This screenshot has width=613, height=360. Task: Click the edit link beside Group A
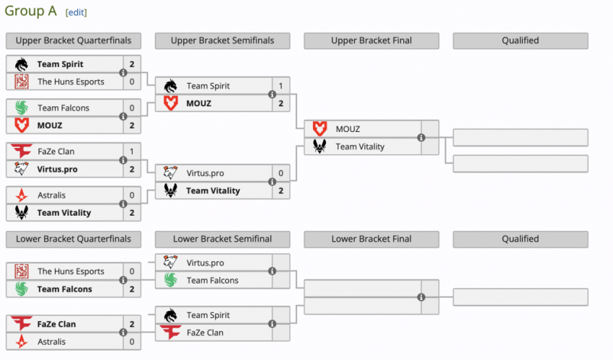(x=76, y=13)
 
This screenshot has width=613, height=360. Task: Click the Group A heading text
(x=32, y=12)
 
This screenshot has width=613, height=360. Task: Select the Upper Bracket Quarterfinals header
(x=73, y=40)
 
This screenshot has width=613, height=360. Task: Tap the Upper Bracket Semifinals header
(x=222, y=40)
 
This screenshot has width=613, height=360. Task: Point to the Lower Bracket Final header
(x=371, y=239)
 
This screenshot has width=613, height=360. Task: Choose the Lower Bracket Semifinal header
(x=222, y=239)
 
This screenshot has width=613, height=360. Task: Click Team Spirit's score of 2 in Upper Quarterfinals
(x=132, y=64)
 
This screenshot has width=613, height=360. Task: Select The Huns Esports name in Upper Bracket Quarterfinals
(x=71, y=82)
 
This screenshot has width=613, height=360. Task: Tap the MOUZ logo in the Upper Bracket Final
(x=320, y=129)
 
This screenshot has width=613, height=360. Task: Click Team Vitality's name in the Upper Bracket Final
(x=360, y=146)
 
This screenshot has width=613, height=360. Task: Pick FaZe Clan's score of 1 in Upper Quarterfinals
(x=132, y=152)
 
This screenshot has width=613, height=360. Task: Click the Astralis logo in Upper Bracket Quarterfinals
(x=22, y=196)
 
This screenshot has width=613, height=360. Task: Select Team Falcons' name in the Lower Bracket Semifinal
(x=212, y=281)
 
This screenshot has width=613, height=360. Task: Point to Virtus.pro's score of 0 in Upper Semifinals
(x=281, y=173)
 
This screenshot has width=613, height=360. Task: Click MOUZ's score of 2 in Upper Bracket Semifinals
(x=281, y=103)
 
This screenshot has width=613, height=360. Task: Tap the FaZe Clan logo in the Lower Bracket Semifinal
(x=171, y=333)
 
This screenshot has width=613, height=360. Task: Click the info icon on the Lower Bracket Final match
(x=421, y=297)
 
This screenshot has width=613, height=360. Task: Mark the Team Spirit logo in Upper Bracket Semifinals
(x=171, y=86)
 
